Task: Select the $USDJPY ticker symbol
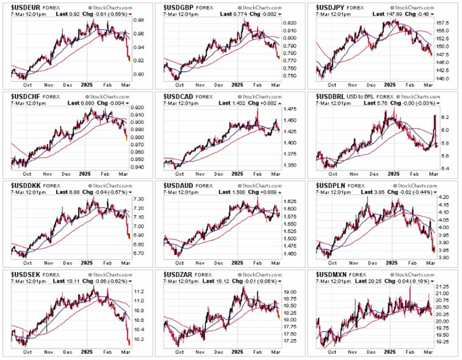coord(330,6)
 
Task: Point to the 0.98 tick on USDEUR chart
coord(138,21)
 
